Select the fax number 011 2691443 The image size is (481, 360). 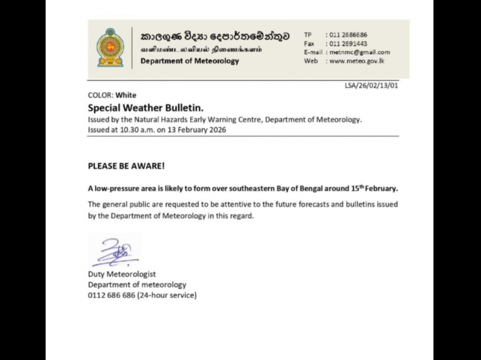pos(349,43)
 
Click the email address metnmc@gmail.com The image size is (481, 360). pos(358,52)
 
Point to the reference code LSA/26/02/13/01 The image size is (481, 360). pos(372,86)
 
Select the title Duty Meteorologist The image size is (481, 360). pos(122,275)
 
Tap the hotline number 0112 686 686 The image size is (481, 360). pos(112,295)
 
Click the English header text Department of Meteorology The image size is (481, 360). pos(190,61)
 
